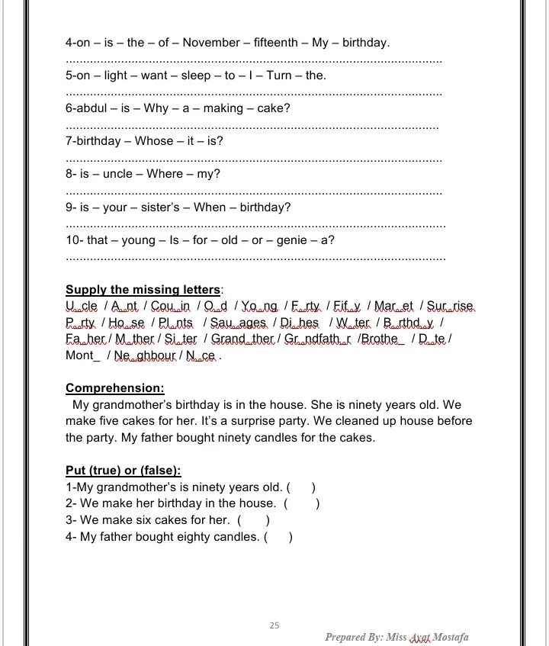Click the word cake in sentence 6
pos(271,108)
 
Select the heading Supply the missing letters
pos(144,290)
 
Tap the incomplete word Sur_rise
pos(450,307)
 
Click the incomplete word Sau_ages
pos(238,323)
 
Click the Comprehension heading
pos(114,387)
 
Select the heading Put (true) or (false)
pos(123,471)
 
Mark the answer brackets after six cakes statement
pos(254,520)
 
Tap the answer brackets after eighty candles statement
pos(278,537)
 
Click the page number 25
pos(274,625)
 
